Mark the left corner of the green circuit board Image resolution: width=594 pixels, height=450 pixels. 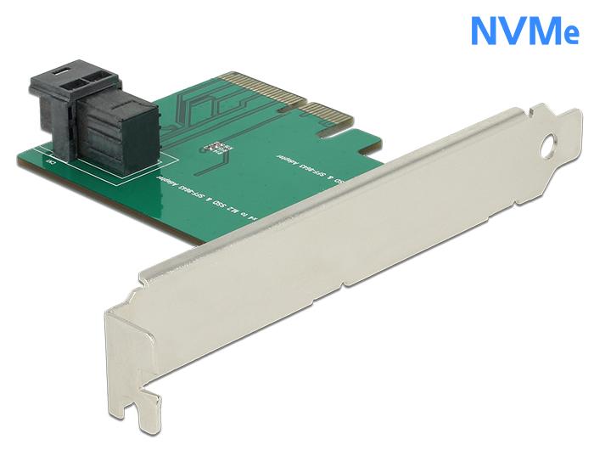21,158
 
